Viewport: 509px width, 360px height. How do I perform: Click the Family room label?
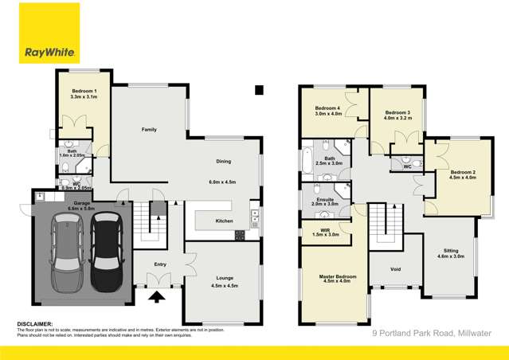148,129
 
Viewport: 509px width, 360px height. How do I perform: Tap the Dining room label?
223,162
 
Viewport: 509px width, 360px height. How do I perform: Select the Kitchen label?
224,221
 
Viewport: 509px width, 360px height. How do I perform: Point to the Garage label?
82,204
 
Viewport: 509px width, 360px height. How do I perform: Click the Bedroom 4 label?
327,108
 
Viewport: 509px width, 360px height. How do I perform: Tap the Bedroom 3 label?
397,112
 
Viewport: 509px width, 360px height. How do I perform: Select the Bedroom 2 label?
462,172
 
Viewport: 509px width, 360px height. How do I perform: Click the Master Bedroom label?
332,276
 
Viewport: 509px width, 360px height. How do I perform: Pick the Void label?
396,268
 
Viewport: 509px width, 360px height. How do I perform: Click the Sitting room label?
451,251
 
